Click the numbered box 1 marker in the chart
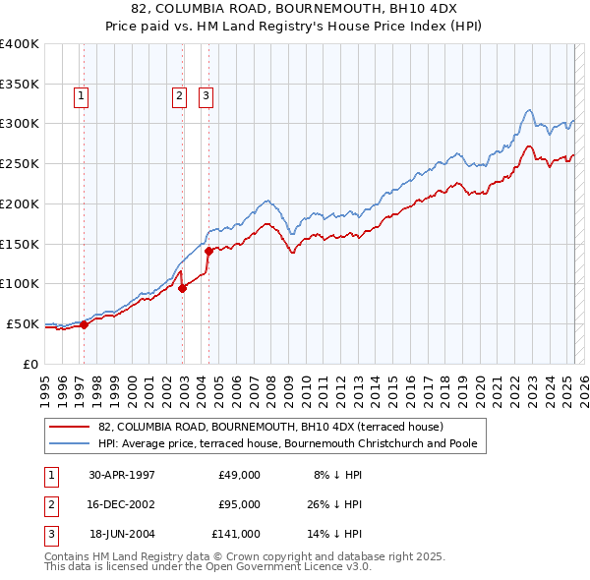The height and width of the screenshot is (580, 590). point(80,96)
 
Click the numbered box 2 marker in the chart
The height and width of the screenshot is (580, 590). point(179,96)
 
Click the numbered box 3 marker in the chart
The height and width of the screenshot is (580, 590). point(206,96)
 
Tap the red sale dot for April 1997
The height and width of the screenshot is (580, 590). point(84,324)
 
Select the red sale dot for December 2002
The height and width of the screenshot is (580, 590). point(183,288)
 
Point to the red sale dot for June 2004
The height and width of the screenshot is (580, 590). point(208,251)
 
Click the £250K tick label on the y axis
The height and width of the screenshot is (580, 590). point(20,164)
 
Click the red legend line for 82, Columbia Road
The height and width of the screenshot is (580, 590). point(69,427)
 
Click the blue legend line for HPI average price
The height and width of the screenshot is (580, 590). point(69,443)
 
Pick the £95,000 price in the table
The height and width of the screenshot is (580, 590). point(239,504)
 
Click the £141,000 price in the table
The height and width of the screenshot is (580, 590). point(236,534)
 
